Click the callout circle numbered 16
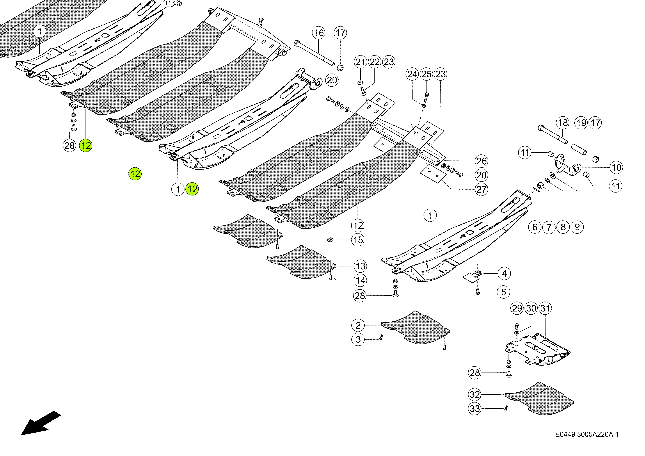(x=319, y=33)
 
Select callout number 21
(x=360, y=62)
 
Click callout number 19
(x=581, y=123)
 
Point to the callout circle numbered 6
(x=535, y=227)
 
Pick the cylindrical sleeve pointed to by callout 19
(x=579, y=149)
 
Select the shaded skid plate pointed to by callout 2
(x=415, y=327)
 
